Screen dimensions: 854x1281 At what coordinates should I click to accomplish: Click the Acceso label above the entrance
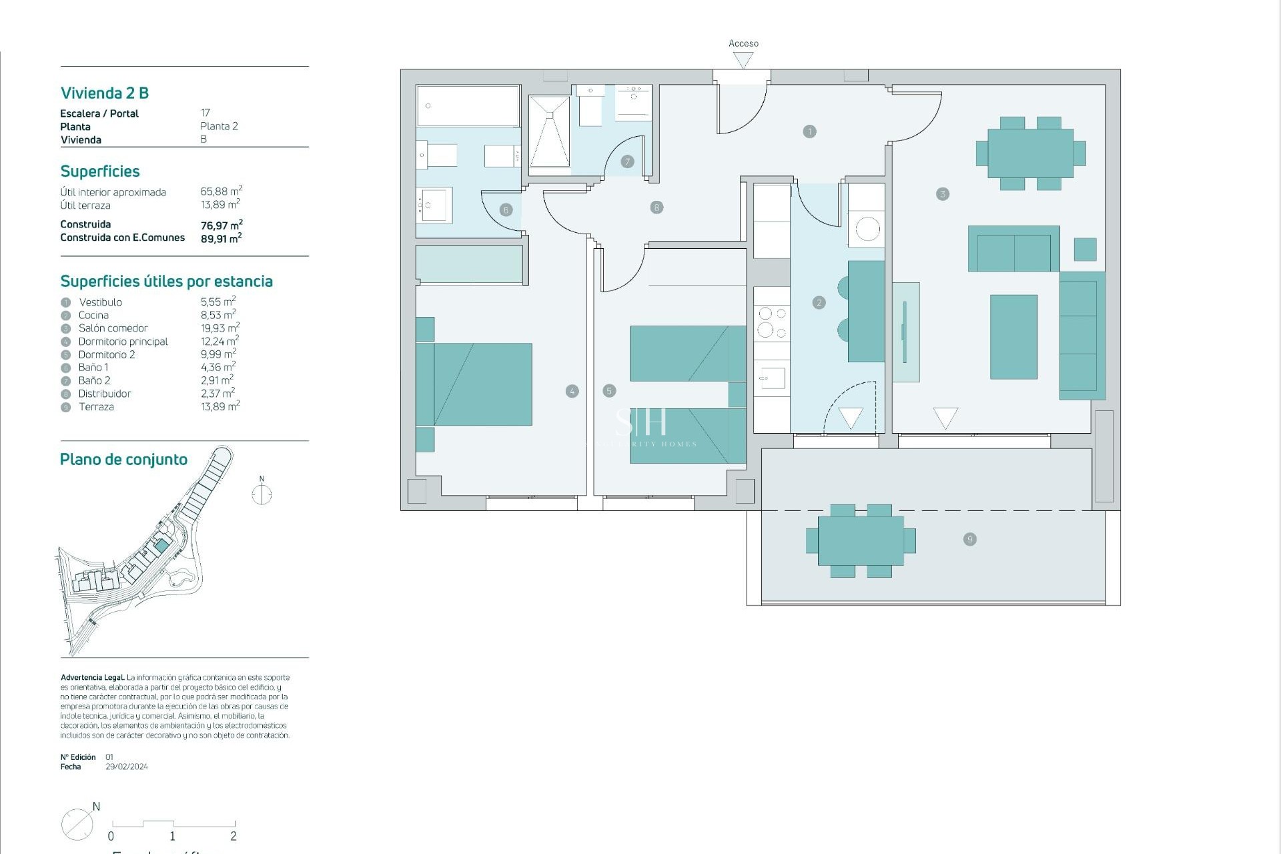tap(743, 43)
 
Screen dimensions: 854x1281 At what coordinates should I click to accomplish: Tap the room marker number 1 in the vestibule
tap(809, 131)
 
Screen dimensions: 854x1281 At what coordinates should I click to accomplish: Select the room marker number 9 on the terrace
tap(970, 539)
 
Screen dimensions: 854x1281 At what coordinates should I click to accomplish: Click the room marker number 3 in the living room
tap(942, 194)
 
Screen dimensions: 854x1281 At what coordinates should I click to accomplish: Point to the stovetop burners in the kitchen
tap(772, 322)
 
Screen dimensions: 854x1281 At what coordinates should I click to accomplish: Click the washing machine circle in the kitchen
tap(867, 230)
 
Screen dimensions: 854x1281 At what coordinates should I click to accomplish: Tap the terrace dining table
tap(861, 540)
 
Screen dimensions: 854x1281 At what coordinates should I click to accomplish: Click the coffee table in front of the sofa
tap(1013, 337)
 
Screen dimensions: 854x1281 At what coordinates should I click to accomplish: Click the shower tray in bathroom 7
tap(549, 131)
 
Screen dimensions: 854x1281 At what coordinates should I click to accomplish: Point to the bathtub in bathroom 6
tap(468, 105)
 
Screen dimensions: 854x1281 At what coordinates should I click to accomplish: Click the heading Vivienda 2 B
tap(105, 93)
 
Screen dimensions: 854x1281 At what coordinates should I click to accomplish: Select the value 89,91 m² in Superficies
tap(221, 238)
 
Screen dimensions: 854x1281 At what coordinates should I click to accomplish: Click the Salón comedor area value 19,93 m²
tap(220, 328)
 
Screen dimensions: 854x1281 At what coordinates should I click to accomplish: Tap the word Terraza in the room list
tap(96, 407)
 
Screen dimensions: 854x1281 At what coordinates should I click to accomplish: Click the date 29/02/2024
tap(127, 767)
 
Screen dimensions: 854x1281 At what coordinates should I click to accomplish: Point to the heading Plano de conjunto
tap(123, 459)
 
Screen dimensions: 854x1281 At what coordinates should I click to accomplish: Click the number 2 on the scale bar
tap(234, 836)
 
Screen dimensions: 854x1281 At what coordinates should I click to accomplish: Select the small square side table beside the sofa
tap(1085, 249)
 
